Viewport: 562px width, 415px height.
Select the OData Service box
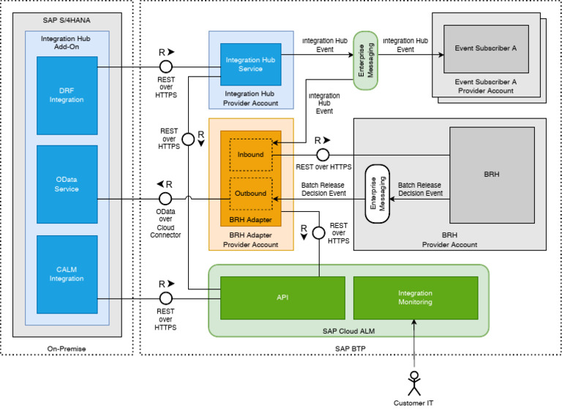click(x=67, y=184)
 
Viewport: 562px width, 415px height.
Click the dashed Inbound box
click(x=250, y=155)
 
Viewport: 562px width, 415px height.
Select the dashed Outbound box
click(x=250, y=194)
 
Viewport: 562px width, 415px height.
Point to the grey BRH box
click(x=491, y=175)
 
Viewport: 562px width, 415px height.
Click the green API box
click(x=282, y=297)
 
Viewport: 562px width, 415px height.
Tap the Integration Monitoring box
click(x=415, y=297)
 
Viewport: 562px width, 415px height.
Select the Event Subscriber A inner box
click(x=485, y=48)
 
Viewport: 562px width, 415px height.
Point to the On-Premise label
click(x=67, y=348)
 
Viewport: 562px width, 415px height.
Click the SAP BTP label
click(x=348, y=349)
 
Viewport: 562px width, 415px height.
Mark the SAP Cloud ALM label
click(x=348, y=330)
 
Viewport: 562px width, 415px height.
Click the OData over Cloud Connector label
click(x=165, y=222)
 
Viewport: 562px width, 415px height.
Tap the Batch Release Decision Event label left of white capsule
click(x=323, y=190)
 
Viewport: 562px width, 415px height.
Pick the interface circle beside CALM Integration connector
click(x=165, y=298)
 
